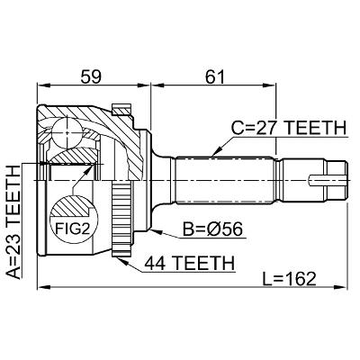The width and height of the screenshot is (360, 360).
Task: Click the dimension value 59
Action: [92, 77]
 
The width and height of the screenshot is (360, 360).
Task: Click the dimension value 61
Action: [214, 77]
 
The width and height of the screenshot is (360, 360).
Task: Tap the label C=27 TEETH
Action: [289, 128]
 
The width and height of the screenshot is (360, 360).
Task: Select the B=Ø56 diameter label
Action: [212, 229]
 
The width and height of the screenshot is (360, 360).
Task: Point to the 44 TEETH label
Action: [190, 263]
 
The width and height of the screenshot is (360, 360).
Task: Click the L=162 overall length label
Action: [289, 279]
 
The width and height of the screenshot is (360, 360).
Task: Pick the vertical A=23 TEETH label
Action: [13, 222]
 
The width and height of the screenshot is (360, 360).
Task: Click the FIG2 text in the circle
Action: [73, 229]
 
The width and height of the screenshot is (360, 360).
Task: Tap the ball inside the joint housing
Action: [67, 132]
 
